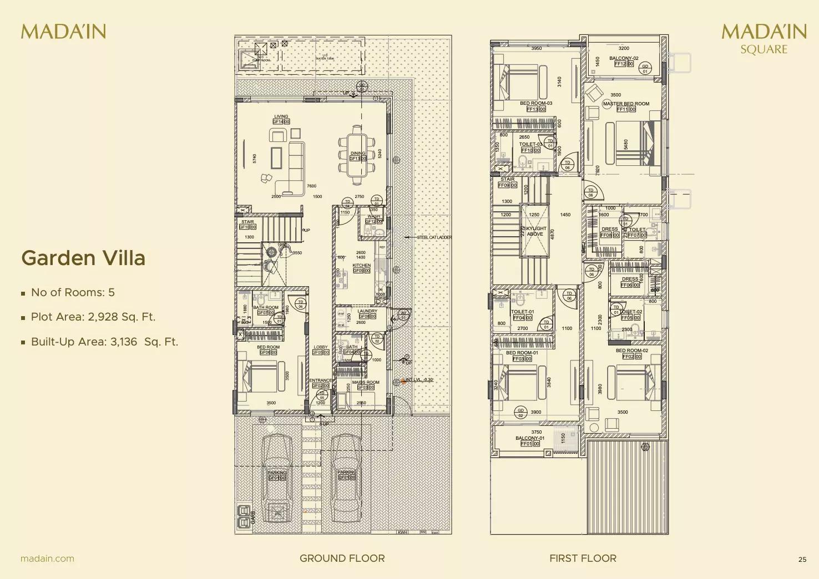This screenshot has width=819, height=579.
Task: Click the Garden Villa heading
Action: pyautogui.click(x=83, y=258)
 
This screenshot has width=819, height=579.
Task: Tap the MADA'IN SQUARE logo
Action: pyautogui.click(x=764, y=38)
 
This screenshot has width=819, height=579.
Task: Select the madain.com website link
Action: pyautogui.click(x=47, y=558)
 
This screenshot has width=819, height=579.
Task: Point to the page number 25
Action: pyautogui.click(x=802, y=560)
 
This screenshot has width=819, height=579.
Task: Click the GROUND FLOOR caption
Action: pyautogui.click(x=342, y=558)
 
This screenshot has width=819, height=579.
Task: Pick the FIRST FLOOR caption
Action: pyautogui.click(x=583, y=558)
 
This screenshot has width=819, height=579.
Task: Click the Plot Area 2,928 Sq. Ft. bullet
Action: pyautogui.click(x=93, y=317)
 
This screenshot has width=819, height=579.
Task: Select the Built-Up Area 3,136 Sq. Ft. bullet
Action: pyautogui.click(x=104, y=342)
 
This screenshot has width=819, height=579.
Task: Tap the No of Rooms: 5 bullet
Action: pyautogui.click(x=73, y=292)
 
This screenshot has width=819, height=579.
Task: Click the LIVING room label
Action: pyautogui.click(x=281, y=117)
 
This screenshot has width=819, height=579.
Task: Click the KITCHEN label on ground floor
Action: pyautogui.click(x=361, y=266)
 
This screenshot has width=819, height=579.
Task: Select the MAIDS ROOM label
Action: pyautogui.click(x=366, y=382)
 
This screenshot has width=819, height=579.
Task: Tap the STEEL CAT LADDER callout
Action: pyautogui.click(x=434, y=237)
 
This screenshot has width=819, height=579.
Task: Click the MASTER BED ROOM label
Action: pyautogui.click(x=626, y=104)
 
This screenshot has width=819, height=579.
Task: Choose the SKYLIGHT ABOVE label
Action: pyautogui.click(x=535, y=231)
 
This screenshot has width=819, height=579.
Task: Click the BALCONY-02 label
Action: pyautogui.click(x=624, y=58)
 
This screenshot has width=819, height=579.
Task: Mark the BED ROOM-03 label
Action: pyautogui.click(x=536, y=104)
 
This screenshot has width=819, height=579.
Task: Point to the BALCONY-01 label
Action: pyautogui.click(x=530, y=438)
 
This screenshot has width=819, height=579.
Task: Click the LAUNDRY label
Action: pyautogui.click(x=367, y=311)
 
